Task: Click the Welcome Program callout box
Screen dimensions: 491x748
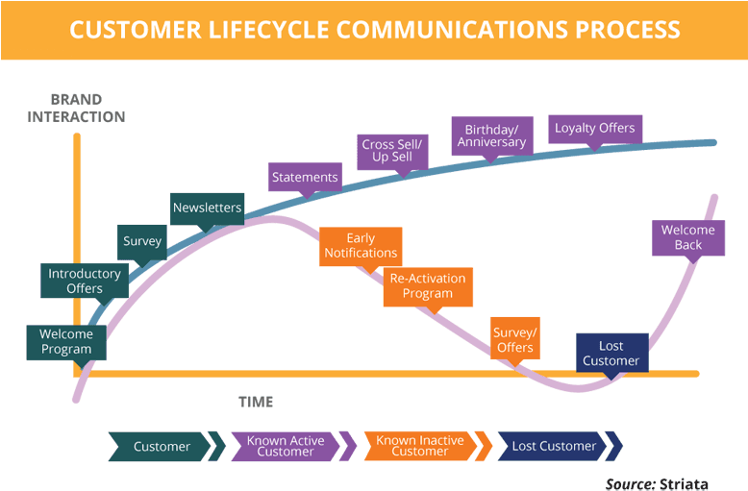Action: point(66,342)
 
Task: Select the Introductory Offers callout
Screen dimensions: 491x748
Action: point(85,281)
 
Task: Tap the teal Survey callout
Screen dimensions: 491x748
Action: point(142,241)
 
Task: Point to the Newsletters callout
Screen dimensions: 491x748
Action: point(207,208)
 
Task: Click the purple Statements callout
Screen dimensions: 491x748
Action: point(305,177)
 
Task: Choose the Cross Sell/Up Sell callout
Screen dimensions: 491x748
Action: point(392,150)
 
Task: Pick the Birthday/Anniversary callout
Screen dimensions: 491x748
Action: point(491,135)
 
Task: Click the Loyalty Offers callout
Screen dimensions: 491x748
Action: point(594,128)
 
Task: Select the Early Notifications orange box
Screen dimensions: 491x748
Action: point(361,245)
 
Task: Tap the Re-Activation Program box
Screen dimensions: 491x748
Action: point(428,286)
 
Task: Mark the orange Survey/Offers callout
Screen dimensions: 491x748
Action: point(514,339)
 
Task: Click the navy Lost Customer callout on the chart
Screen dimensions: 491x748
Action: point(611,353)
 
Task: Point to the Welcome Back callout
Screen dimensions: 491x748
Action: point(688,237)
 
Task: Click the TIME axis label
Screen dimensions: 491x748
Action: point(256,402)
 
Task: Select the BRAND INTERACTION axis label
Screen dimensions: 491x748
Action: point(76,108)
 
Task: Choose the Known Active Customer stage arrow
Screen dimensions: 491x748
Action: point(286,446)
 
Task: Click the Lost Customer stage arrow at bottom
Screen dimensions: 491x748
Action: point(554,446)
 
